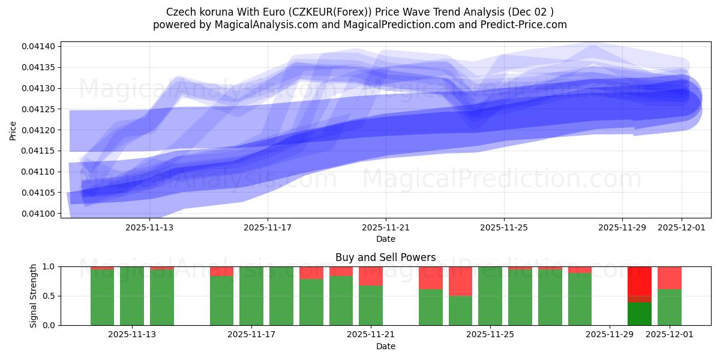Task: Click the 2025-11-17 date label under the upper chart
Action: pyautogui.click(x=268, y=227)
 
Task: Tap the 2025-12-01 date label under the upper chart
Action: pyautogui.click(x=681, y=227)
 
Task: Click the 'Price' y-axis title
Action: pyautogui.click(x=13, y=130)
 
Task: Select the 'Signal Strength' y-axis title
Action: pyautogui.click(x=34, y=296)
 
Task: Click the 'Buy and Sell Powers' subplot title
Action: pyautogui.click(x=385, y=257)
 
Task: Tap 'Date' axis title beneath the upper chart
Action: pyautogui.click(x=385, y=239)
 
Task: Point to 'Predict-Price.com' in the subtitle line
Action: pyautogui.click(x=523, y=25)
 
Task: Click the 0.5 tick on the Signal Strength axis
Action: pyautogui.click(x=50, y=296)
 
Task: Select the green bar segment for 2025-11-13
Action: pyautogui.click(x=162, y=298)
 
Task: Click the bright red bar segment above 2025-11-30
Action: pyautogui.click(x=640, y=281)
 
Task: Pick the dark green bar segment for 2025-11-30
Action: pyautogui.click(x=640, y=314)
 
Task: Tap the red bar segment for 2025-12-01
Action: pyautogui.click(x=670, y=278)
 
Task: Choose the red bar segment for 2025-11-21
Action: pyautogui.click(x=371, y=276)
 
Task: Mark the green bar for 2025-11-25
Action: pyautogui.click(x=490, y=296)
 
